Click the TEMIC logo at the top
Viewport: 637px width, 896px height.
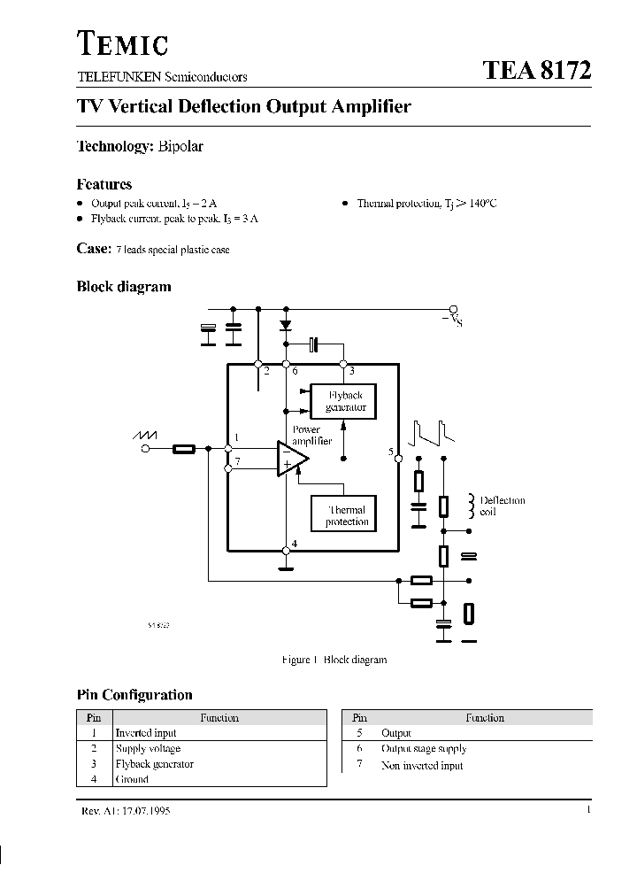coord(122,43)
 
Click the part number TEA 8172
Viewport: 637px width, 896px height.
coord(536,72)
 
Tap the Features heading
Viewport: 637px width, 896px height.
coord(104,184)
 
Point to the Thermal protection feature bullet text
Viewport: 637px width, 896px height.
coord(426,204)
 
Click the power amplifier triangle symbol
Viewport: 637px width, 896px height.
coord(291,458)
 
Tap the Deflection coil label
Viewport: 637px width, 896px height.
coord(502,506)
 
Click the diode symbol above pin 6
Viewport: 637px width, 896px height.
coord(286,326)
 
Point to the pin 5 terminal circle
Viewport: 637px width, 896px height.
coord(398,459)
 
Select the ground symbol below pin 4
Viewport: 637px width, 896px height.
coord(286,552)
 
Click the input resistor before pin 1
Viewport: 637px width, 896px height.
coord(183,449)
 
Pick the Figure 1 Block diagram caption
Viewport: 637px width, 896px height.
coord(334,660)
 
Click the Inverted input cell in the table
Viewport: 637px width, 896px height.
coord(146,733)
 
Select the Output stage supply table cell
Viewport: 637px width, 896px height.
coord(422,749)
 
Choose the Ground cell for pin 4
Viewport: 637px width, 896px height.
coord(132,780)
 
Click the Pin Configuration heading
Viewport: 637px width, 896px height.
coord(134,695)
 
